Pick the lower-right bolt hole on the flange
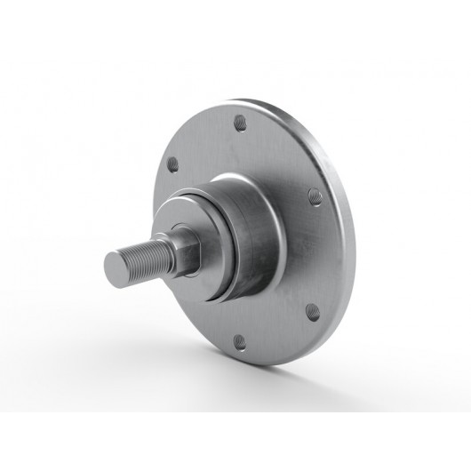click(313, 311)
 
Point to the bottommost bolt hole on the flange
click(241, 340)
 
